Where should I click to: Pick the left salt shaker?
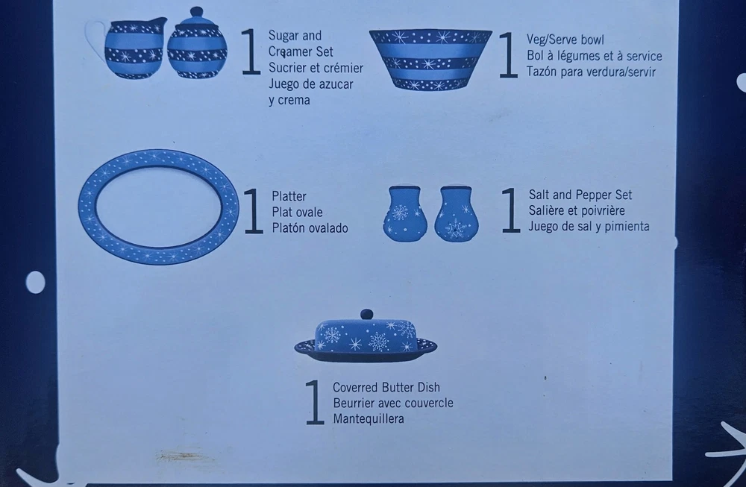click(405, 213)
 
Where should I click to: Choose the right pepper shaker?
click(457, 213)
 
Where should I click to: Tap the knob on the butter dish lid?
click(366, 315)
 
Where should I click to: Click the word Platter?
click(289, 196)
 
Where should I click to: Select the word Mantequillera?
click(369, 419)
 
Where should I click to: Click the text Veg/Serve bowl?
click(565, 40)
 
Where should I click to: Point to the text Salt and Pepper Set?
click(580, 195)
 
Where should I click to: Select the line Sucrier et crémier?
click(316, 68)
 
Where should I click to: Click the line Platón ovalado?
click(310, 227)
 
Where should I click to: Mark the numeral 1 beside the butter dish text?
click(315, 402)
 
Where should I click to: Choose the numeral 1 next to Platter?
click(254, 211)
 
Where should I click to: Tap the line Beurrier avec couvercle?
click(393, 403)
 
